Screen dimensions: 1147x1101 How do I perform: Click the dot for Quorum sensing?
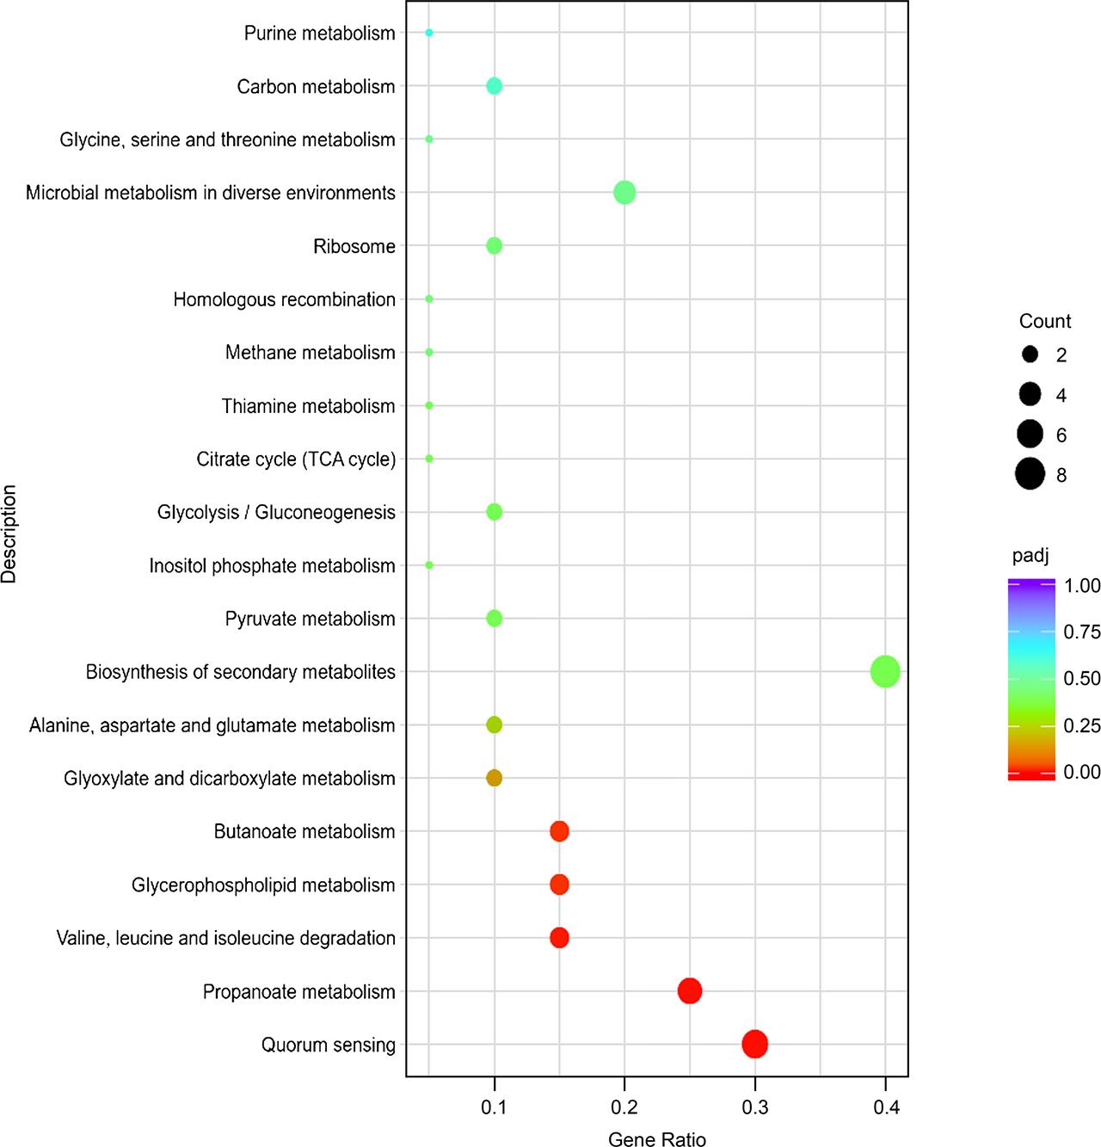tap(754, 1044)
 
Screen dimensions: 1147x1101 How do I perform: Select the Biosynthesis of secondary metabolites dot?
tap(885, 671)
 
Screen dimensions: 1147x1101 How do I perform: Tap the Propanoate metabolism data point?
tap(689, 990)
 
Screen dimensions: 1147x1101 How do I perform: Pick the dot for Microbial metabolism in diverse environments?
tap(624, 193)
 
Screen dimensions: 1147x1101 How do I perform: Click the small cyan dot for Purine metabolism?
tap(429, 33)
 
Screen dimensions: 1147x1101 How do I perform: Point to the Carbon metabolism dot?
tap(494, 86)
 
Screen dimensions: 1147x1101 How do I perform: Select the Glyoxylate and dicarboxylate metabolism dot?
tap(494, 778)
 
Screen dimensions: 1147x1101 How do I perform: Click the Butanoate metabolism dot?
tap(559, 831)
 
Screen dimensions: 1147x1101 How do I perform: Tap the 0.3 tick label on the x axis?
tap(754, 1107)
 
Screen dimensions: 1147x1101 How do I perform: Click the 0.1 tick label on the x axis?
tap(494, 1107)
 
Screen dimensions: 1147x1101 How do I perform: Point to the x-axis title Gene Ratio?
tap(656, 1138)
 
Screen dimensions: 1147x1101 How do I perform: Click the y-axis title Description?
tap(9, 533)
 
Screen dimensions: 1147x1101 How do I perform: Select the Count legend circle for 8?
tap(1030, 474)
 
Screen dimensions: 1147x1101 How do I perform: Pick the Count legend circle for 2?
tap(1030, 355)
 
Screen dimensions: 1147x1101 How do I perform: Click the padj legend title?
tap(1030, 556)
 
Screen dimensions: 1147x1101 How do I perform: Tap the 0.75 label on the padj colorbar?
tap(1081, 632)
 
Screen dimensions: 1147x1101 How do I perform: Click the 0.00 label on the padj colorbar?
tap(1081, 772)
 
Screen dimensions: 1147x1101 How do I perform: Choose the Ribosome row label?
tap(354, 247)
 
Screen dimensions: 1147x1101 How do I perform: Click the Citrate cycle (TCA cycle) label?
tap(296, 459)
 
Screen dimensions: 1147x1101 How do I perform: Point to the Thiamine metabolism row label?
tap(308, 406)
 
